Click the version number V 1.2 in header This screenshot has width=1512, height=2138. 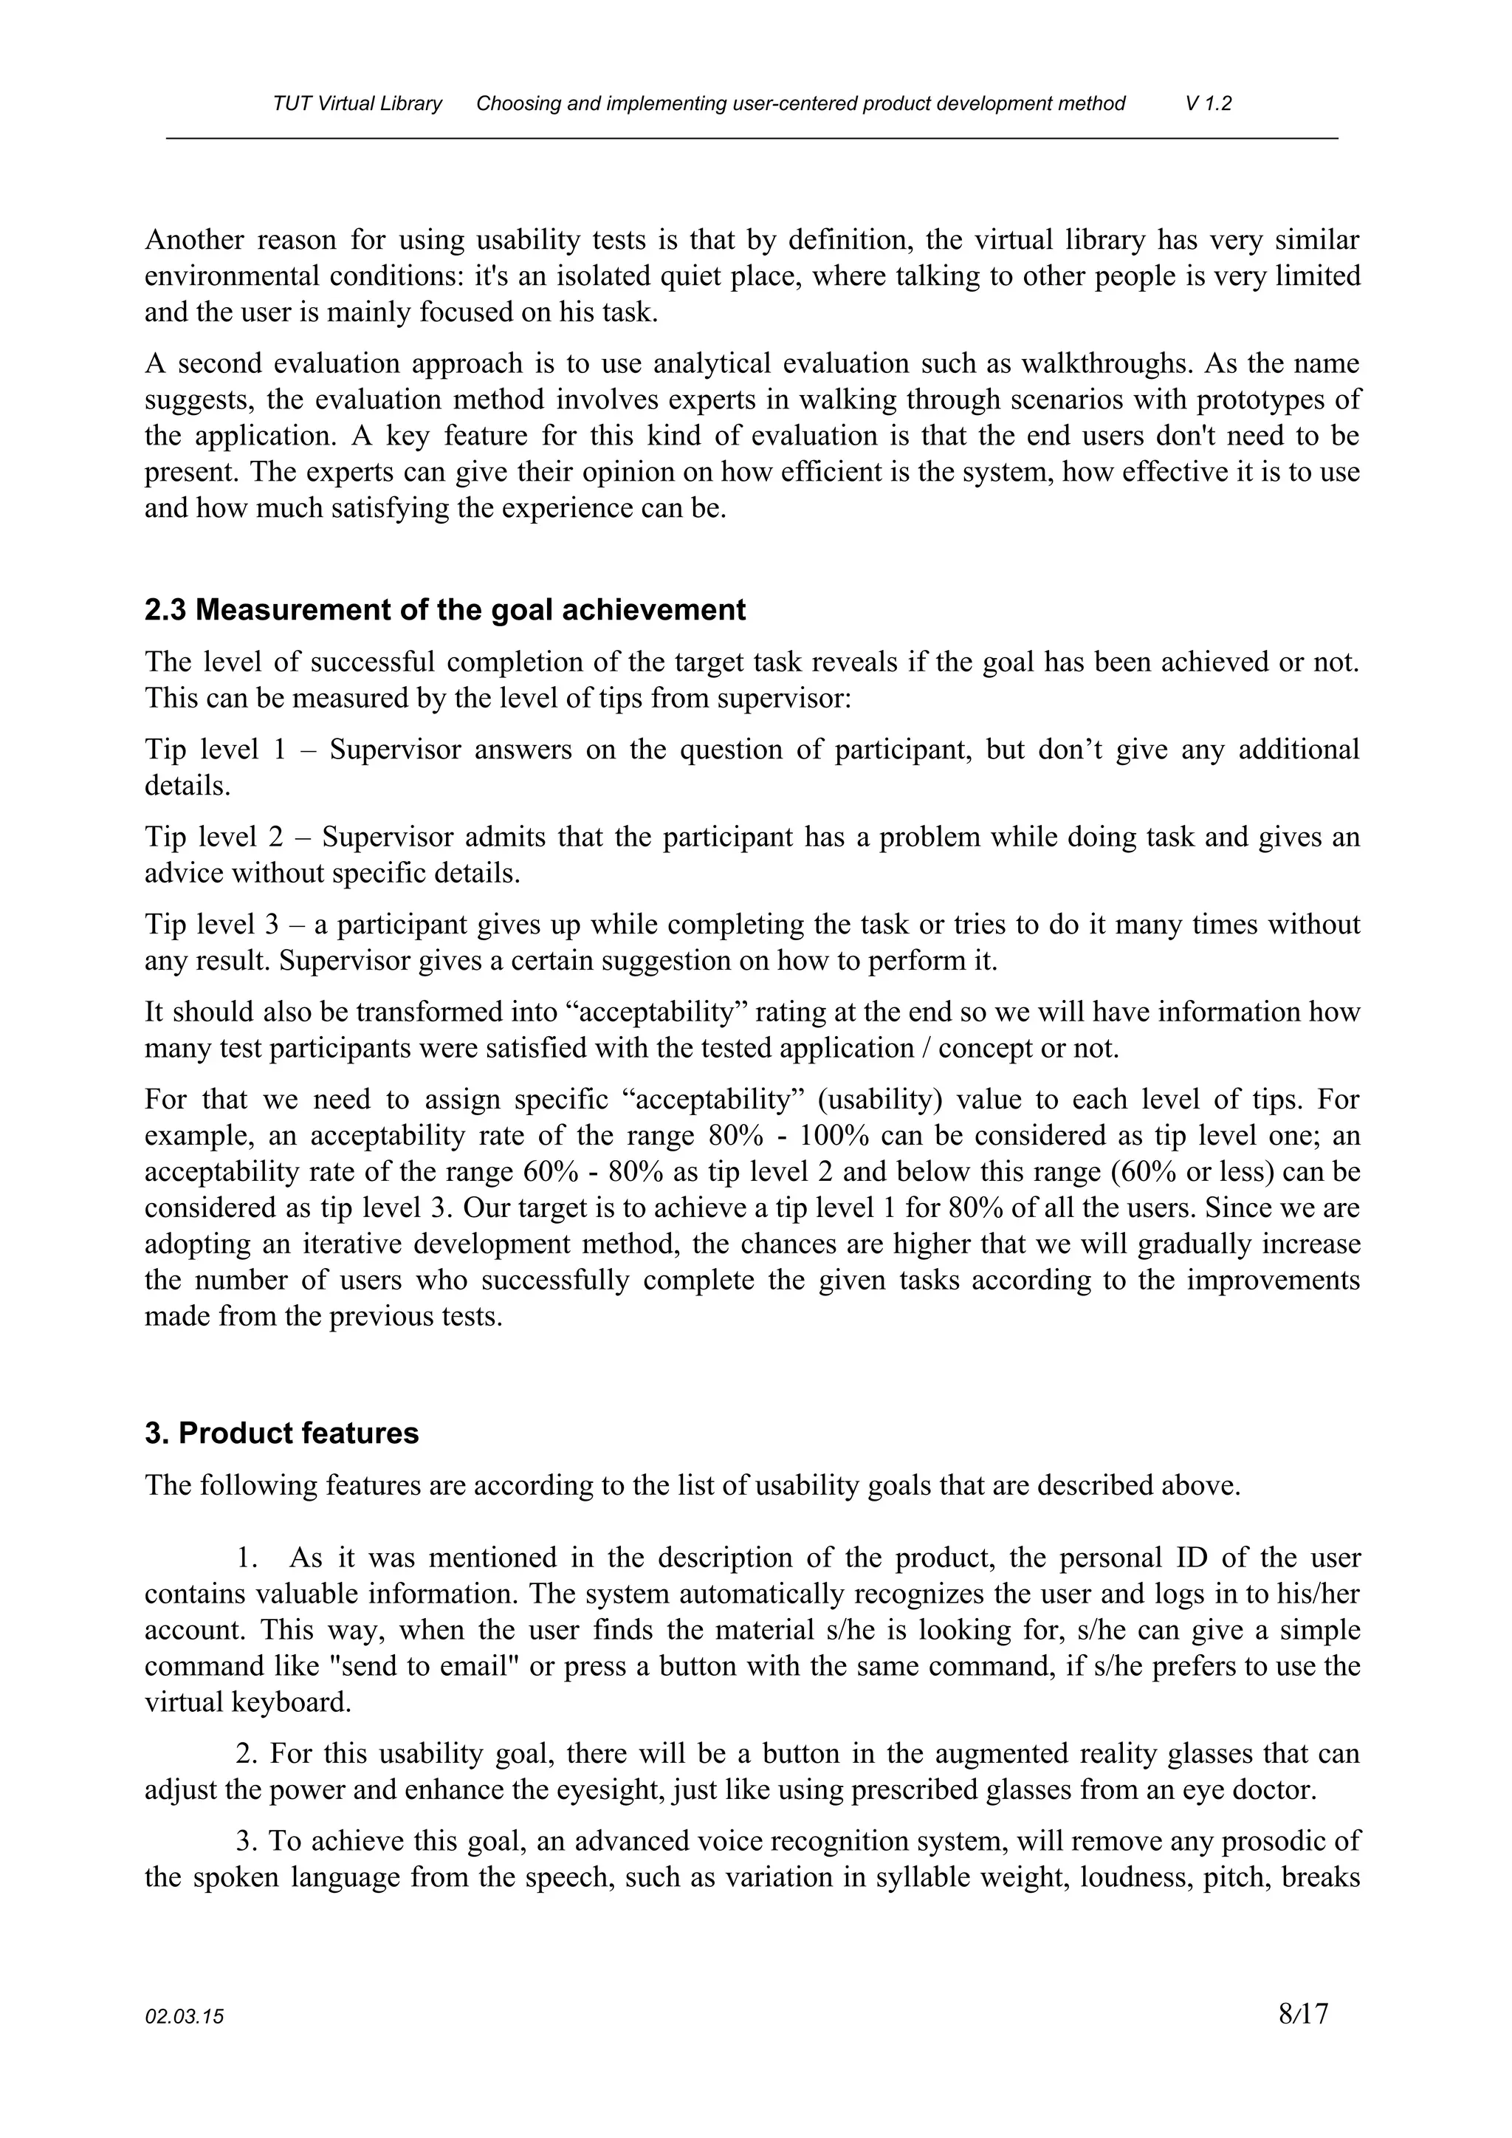tap(1209, 103)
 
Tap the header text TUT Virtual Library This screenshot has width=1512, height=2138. tap(357, 103)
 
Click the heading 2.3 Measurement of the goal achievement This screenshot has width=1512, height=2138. tap(445, 610)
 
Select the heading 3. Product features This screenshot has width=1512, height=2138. tap(281, 1433)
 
